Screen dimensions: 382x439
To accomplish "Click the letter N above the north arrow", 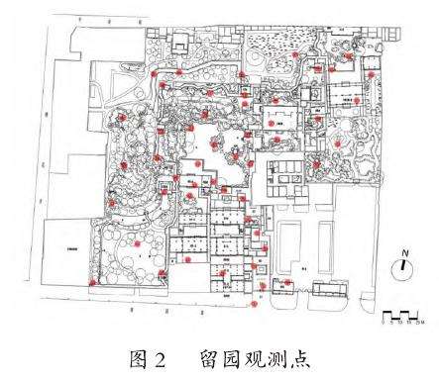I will pos(404,254).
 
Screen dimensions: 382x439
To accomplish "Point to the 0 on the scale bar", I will pos(384,322).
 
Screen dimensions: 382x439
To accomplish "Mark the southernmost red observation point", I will pos(254,305).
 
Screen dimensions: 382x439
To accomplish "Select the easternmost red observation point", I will pos(370,74).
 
